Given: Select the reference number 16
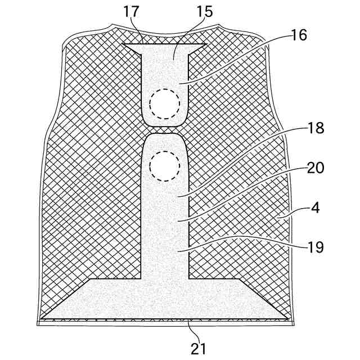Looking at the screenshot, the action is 299,35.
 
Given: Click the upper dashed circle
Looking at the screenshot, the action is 165,103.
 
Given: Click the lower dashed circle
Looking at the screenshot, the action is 165,165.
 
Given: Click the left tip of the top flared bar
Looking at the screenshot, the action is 124,44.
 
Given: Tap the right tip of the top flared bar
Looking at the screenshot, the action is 206,44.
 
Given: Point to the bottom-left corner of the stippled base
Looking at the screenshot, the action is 43,318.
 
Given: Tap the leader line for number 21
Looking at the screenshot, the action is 191,331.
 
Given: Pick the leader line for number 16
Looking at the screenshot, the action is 236,61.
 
